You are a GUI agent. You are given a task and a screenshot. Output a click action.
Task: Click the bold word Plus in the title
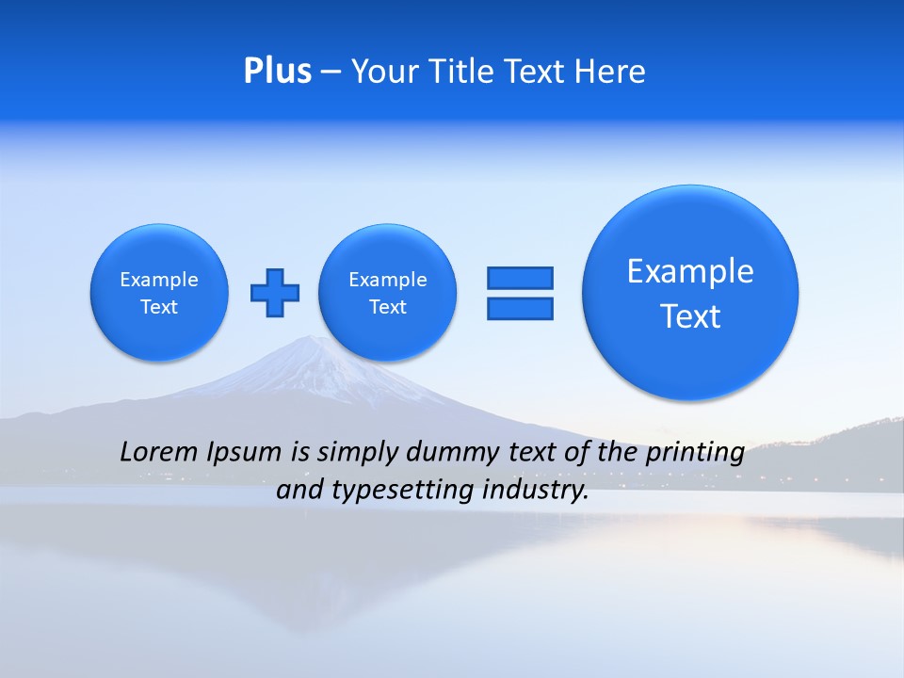(277, 72)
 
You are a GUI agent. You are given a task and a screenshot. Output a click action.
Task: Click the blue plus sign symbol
(275, 292)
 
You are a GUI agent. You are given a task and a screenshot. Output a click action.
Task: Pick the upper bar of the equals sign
(520, 278)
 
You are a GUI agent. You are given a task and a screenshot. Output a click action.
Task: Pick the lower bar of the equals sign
(520, 308)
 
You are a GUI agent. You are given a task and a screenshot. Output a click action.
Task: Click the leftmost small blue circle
(159, 292)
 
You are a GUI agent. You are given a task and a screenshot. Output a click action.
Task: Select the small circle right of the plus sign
(388, 292)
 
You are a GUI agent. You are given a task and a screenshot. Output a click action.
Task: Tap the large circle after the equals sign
(690, 292)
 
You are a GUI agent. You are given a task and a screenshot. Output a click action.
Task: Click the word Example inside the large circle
(690, 271)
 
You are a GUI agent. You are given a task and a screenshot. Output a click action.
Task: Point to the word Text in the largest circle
(690, 316)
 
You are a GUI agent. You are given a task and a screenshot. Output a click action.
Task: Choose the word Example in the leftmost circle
(159, 280)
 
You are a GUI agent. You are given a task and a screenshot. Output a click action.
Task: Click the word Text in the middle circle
(388, 307)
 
